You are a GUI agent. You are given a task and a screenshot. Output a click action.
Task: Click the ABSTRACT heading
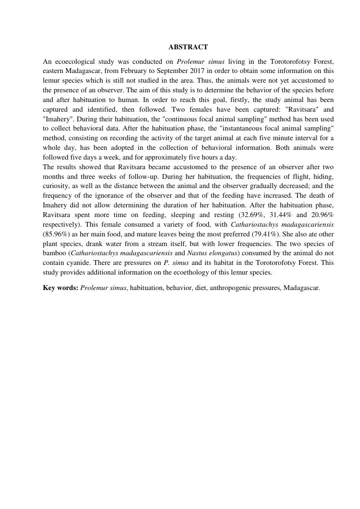[x=188, y=47]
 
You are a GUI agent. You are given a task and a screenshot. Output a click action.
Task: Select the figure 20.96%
[x=322, y=215]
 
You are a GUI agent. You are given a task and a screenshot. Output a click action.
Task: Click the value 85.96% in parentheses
[x=55, y=234]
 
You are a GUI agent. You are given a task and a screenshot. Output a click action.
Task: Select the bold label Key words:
[x=60, y=288]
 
